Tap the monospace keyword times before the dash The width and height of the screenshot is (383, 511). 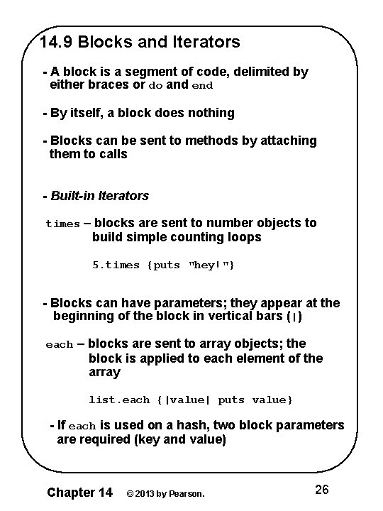(x=62, y=224)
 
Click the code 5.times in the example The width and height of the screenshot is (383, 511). (x=116, y=265)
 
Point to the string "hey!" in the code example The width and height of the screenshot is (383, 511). (x=210, y=265)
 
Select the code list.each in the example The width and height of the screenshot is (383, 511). (x=119, y=400)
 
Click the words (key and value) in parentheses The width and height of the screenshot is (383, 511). (x=177, y=439)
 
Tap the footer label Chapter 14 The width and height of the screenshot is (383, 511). (x=79, y=491)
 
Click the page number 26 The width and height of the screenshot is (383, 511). (x=321, y=490)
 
